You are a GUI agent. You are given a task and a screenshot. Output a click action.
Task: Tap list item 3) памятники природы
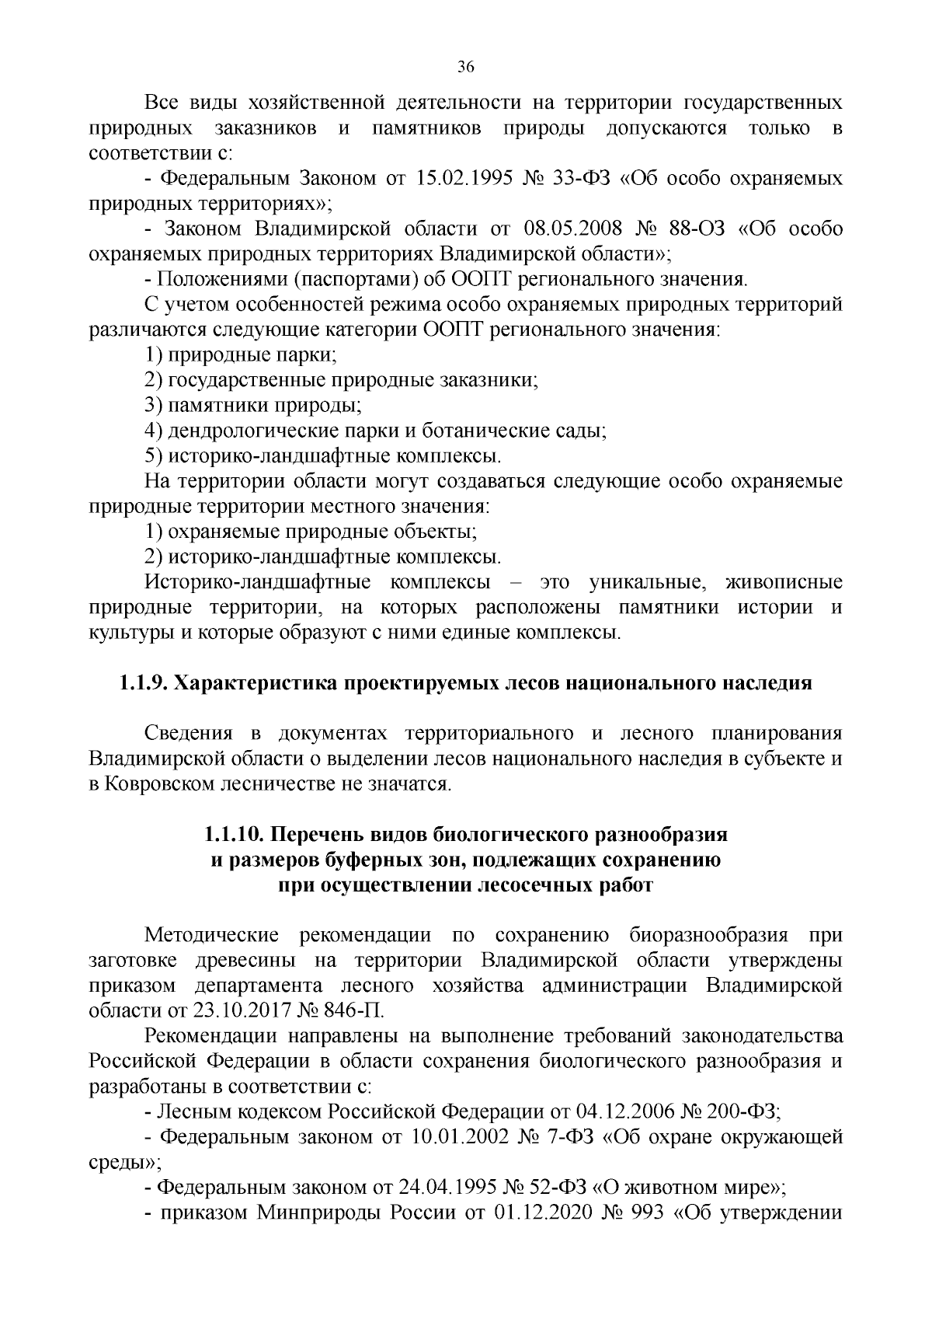tap(253, 406)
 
